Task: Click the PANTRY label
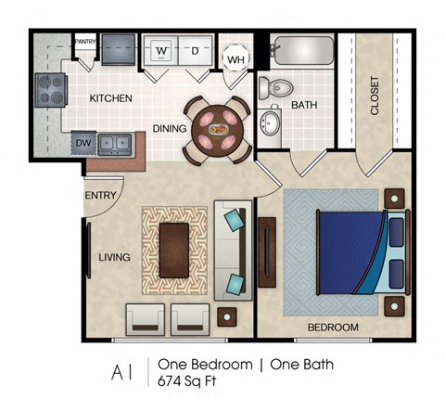point(85,42)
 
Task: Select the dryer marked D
point(194,50)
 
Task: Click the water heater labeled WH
point(235,59)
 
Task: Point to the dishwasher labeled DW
point(83,143)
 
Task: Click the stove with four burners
point(48,91)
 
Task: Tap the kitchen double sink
point(115,143)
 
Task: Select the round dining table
point(220,129)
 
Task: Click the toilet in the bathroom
point(275,87)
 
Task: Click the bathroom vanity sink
point(271,123)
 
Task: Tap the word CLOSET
point(375,96)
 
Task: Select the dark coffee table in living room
point(173,251)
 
